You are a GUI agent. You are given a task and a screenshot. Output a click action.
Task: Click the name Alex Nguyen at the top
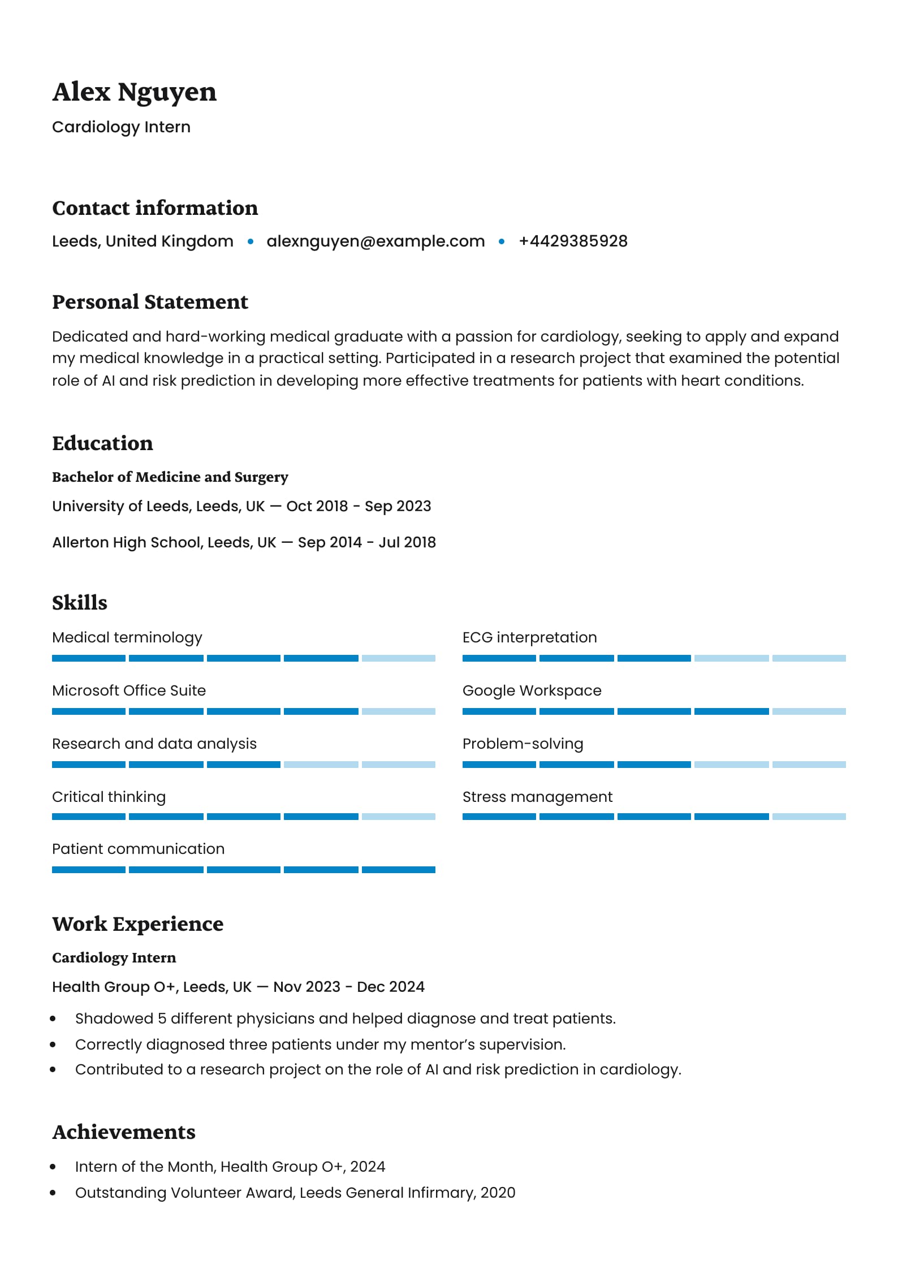[134, 92]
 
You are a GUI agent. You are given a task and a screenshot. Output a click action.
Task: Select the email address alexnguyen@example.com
[375, 241]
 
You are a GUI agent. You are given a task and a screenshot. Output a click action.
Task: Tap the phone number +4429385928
[573, 241]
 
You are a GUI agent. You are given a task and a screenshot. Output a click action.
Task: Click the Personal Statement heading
[150, 302]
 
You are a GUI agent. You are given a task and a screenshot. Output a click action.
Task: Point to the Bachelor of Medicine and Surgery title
[170, 477]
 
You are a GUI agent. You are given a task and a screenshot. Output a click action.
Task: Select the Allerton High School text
[128, 542]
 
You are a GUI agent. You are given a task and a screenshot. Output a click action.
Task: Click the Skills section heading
[79, 603]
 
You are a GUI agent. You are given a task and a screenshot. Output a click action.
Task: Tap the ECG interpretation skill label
[529, 637]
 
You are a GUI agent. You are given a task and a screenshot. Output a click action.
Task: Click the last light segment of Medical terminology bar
[399, 658]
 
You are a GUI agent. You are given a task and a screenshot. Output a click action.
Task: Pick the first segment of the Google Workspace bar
[499, 711]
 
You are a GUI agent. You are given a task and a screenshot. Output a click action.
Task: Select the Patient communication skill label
[138, 849]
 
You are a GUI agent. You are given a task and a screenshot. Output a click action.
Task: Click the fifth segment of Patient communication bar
[399, 870]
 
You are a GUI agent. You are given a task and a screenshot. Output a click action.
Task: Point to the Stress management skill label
[537, 797]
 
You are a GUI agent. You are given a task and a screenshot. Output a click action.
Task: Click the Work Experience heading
[137, 924]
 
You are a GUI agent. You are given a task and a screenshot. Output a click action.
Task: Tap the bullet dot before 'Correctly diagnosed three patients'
[53, 1044]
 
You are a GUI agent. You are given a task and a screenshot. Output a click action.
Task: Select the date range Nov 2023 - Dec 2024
[349, 987]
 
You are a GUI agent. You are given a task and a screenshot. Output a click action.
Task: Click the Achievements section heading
[124, 1132]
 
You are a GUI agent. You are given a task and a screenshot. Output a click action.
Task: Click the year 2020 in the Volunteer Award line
[498, 1193]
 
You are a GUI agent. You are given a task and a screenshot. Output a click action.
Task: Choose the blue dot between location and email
[251, 241]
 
